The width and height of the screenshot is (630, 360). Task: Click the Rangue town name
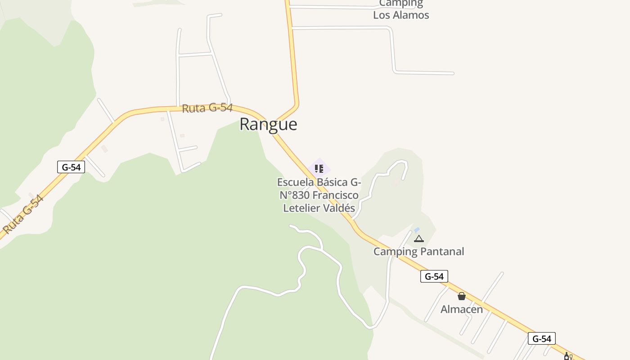(268, 124)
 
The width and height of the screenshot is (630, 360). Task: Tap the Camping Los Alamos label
(401, 9)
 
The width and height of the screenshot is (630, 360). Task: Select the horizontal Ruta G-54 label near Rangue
(207, 108)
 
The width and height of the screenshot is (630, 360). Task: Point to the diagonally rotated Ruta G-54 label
(23, 214)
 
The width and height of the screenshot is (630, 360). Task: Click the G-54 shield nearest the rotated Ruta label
(71, 167)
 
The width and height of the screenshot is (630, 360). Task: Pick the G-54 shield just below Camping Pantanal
(434, 276)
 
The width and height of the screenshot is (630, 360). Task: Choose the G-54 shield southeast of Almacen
(541, 338)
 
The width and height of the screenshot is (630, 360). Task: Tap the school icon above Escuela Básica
(319, 169)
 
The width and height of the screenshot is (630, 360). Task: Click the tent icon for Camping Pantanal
(419, 238)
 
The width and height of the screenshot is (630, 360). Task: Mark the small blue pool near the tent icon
(417, 230)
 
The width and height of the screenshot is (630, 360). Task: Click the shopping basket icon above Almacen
(462, 296)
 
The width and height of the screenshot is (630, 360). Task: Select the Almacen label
(462, 309)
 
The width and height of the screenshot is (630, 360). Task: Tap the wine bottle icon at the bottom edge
(567, 356)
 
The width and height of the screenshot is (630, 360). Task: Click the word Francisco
(335, 195)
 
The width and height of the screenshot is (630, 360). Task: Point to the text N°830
(294, 195)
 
